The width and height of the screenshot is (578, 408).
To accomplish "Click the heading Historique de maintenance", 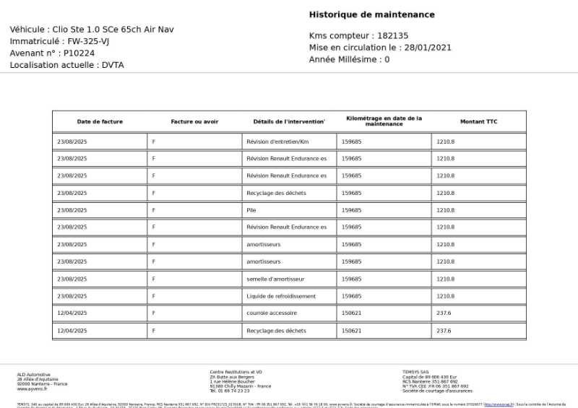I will click(371, 14).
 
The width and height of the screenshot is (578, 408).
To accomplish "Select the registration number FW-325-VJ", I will click(88, 41).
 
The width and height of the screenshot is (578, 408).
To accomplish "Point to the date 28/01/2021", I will click(428, 48).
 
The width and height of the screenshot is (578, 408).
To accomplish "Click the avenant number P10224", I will click(79, 53).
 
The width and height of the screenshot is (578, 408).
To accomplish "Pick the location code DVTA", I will click(113, 65).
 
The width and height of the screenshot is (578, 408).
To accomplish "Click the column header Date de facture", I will click(100, 121).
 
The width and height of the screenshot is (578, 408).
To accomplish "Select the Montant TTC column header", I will click(478, 121).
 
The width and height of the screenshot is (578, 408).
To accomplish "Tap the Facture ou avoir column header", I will click(194, 121).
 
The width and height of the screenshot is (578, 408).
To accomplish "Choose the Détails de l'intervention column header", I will click(289, 121).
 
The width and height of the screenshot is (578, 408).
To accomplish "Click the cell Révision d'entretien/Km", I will click(277, 142).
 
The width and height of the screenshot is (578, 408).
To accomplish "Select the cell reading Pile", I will click(251, 210).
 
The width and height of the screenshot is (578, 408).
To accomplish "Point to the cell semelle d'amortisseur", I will click(275, 279).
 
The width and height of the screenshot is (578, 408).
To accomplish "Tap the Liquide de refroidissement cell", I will click(281, 296).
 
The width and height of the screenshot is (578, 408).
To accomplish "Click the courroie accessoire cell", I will click(272, 313).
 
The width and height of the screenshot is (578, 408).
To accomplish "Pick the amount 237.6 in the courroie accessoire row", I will click(444, 313).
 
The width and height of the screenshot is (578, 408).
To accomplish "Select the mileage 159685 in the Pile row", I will click(351, 210).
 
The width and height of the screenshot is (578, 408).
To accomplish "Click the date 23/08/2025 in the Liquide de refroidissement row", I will click(72, 296).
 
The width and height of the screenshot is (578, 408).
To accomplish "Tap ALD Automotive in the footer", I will click(34, 374).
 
